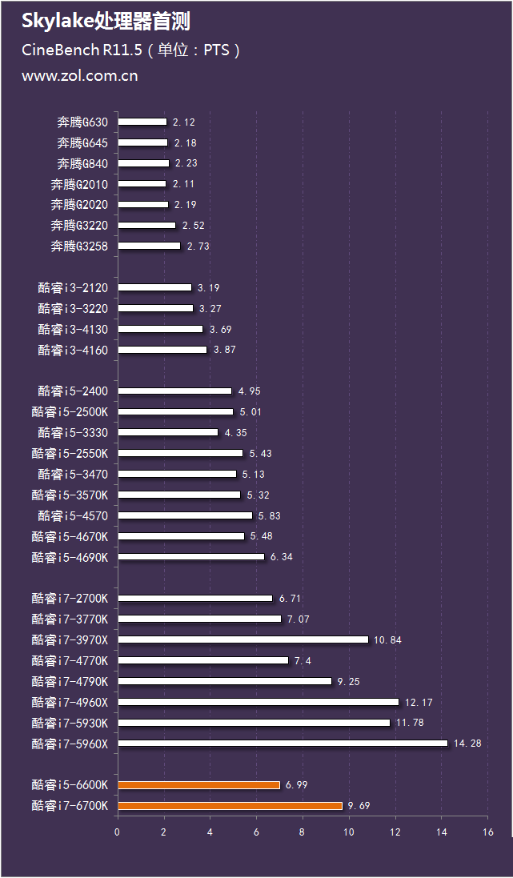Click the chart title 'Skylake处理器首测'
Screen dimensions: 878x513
click(106, 21)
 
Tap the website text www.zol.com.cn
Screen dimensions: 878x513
click(79, 76)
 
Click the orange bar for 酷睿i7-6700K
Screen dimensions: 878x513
click(230, 805)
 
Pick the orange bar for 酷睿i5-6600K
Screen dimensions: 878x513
click(198, 785)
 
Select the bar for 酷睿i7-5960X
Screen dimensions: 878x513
click(283, 744)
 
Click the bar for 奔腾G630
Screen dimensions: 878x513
click(142, 122)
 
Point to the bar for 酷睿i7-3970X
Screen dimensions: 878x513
click(243, 639)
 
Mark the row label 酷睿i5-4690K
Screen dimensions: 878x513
click(74, 557)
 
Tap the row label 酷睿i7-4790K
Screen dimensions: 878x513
click(74, 681)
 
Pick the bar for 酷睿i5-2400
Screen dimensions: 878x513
click(175, 391)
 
